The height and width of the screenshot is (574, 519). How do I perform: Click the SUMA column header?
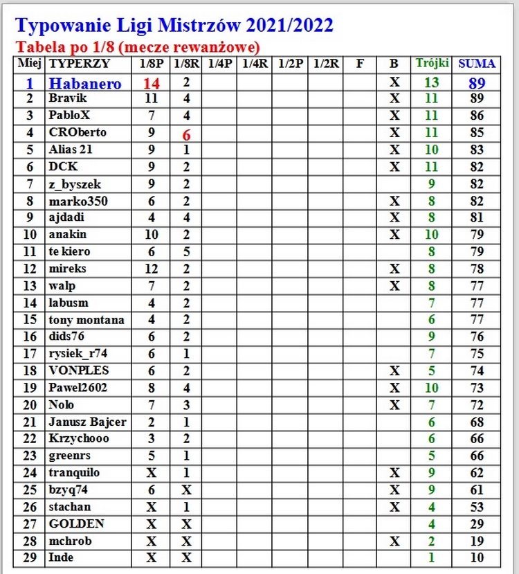click(x=477, y=64)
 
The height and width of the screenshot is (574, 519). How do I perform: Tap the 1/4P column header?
click(x=219, y=64)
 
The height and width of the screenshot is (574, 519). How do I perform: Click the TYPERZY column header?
click(x=79, y=64)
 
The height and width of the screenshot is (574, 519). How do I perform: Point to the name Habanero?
click(x=84, y=83)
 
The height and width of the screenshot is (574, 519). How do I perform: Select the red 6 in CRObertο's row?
click(x=186, y=135)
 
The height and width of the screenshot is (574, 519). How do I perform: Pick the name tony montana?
click(x=86, y=320)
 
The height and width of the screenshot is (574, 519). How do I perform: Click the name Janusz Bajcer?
click(x=87, y=422)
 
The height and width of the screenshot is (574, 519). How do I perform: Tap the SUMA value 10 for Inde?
click(x=477, y=558)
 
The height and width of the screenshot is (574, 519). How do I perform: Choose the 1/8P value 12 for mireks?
click(x=152, y=269)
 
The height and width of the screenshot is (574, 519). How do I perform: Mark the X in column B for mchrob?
click(x=394, y=541)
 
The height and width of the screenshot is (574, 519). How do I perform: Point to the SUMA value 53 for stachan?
click(x=477, y=507)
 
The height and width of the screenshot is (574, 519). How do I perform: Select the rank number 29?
click(x=30, y=558)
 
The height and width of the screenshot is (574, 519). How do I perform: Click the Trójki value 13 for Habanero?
click(x=432, y=83)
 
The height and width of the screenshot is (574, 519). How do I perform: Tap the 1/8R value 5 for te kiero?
click(x=186, y=251)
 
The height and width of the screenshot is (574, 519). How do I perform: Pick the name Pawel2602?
click(x=78, y=388)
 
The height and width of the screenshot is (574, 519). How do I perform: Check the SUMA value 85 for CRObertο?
click(x=477, y=132)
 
